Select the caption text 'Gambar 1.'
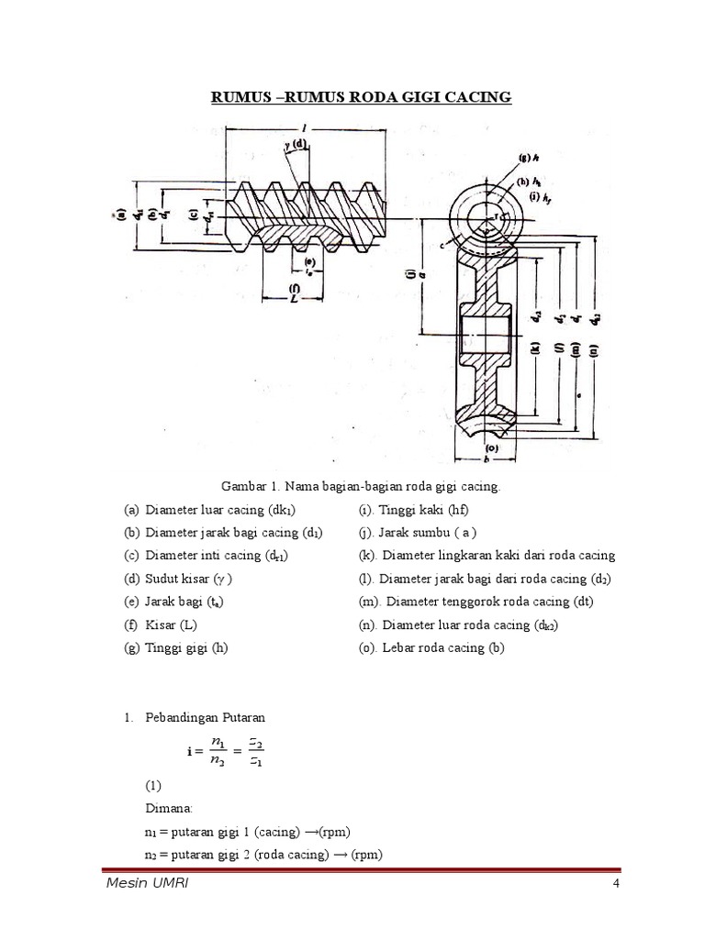tap(247, 486)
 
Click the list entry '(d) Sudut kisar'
tap(178, 580)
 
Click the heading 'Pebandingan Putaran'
tap(204, 716)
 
